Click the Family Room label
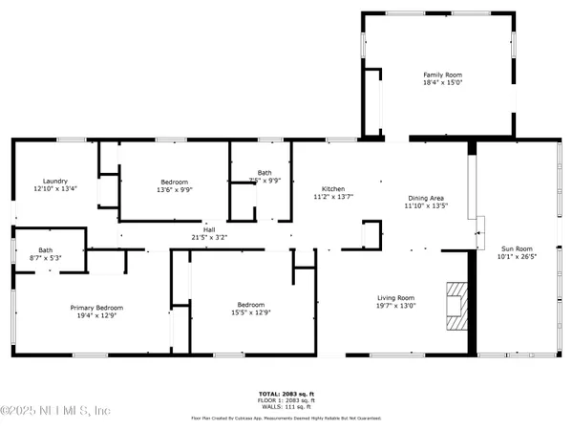click(x=439, y=74)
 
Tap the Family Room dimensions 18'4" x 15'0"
click(x=439, y=82)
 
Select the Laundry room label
click(x=54, y=181)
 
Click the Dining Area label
click(x=426, y=196)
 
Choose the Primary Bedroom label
click(x=96, y=307)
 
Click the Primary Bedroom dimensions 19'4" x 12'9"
click(x=96, y=315)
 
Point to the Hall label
click(x=209, y=228)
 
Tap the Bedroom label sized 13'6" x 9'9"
click(x=175, y=182)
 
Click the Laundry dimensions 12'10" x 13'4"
click(x=54, y=189)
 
